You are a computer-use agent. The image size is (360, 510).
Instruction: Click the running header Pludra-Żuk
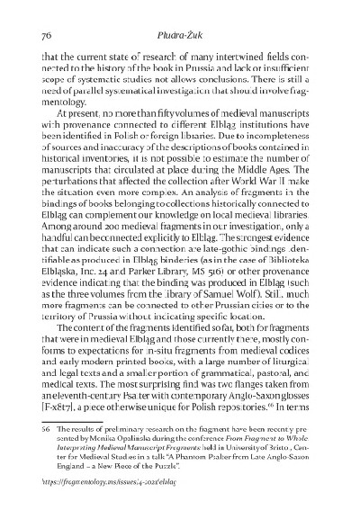[x=179, y=36]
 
